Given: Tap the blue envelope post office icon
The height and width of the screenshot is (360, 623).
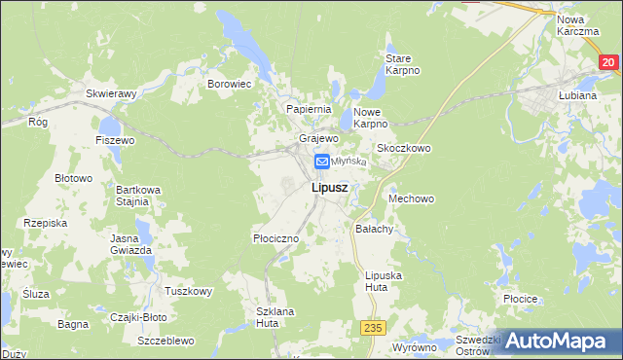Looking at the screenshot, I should (321, 162).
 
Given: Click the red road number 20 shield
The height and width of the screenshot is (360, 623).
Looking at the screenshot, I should (608, 62).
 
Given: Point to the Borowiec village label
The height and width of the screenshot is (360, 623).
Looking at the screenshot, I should (230, 85).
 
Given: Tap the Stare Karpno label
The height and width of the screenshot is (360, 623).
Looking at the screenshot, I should (402, 64).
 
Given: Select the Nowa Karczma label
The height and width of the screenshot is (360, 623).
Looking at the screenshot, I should (578, 25).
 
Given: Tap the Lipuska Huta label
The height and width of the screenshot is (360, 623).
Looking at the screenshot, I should (383, 281).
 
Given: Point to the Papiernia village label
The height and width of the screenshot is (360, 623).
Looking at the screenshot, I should (309, 109).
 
